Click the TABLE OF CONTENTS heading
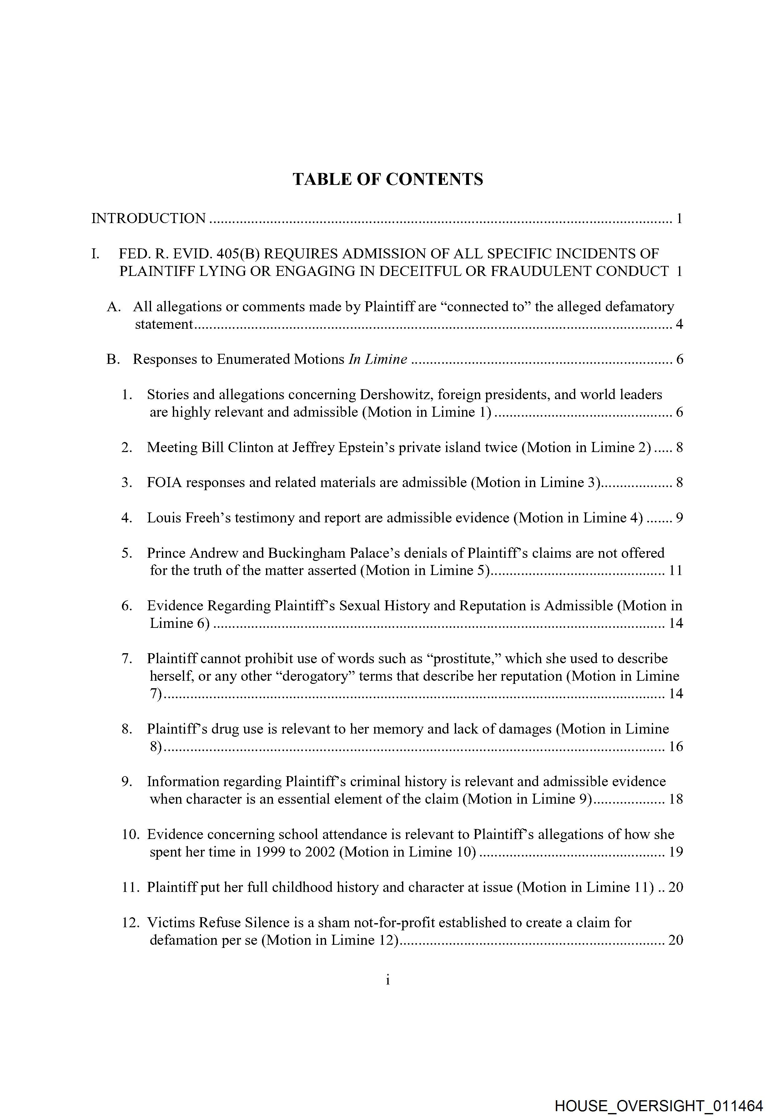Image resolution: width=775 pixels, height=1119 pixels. [388, 179]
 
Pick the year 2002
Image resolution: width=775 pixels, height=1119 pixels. [320, 852]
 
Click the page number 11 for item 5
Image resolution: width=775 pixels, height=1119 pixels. [676, 570]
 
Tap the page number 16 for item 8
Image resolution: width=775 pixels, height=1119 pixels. [676, 746]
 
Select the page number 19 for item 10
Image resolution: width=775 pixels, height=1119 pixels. [676, 852]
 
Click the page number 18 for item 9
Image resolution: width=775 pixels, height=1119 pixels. [676, 799]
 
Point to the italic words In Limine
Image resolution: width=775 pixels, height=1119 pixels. [378, 359]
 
